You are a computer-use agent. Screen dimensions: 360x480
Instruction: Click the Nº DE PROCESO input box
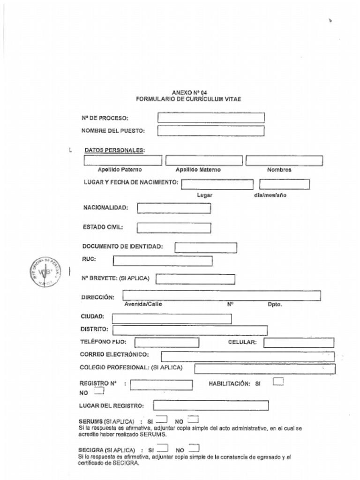coord(211,118)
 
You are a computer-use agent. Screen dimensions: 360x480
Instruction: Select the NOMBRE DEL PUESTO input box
coord(211,131)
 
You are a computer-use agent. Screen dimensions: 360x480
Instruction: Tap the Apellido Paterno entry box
coord(123,160)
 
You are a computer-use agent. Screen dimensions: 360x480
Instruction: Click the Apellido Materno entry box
coord(204,160)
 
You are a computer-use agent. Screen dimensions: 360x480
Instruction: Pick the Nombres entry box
coord(284,160)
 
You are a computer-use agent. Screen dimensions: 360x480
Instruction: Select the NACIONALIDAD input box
coord(174,208)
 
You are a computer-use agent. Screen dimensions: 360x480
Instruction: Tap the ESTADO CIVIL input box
coord(174,228)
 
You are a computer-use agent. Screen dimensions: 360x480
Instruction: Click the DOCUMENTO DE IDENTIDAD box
coord(206,247)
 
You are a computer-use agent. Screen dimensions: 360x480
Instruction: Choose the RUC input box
coord(163,261)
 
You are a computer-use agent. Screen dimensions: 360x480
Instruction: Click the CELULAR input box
coord(299,343)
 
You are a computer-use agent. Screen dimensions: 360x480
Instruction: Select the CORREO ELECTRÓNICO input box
coord(247,356)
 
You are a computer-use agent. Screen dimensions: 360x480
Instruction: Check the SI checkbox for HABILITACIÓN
coord(278,382)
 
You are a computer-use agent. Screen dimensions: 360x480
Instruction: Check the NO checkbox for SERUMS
coord(193,420)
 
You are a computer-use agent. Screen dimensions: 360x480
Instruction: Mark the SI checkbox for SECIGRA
coord(162,448)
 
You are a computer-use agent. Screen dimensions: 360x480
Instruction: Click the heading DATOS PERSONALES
coord(114,150)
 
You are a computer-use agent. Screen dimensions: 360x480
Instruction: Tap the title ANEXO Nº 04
coord(189,93)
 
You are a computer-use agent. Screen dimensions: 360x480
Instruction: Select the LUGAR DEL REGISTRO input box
coord(211,405)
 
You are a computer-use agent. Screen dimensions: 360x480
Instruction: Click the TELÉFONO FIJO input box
coord(166,343)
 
